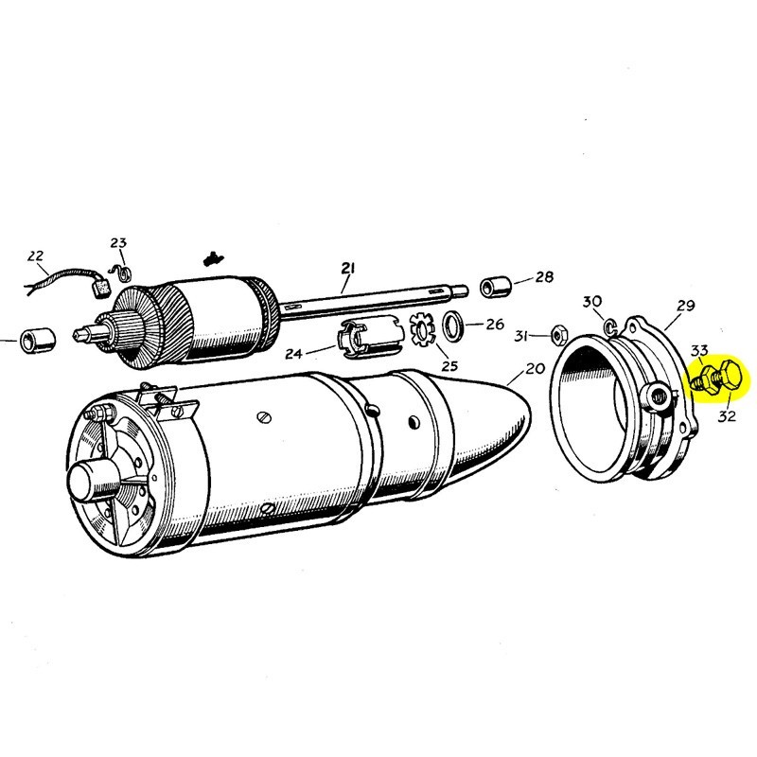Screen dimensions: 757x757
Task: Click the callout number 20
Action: coord(537,369)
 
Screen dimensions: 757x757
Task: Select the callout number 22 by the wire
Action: coord(36,256)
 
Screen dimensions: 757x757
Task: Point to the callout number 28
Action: coord(544,277)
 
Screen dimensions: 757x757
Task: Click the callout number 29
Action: coord(686,306)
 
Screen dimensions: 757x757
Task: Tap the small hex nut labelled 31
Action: coord(559,336)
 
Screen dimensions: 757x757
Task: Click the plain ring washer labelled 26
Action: coord(454,326)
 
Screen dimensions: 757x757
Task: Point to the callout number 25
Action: coord(449,366)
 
